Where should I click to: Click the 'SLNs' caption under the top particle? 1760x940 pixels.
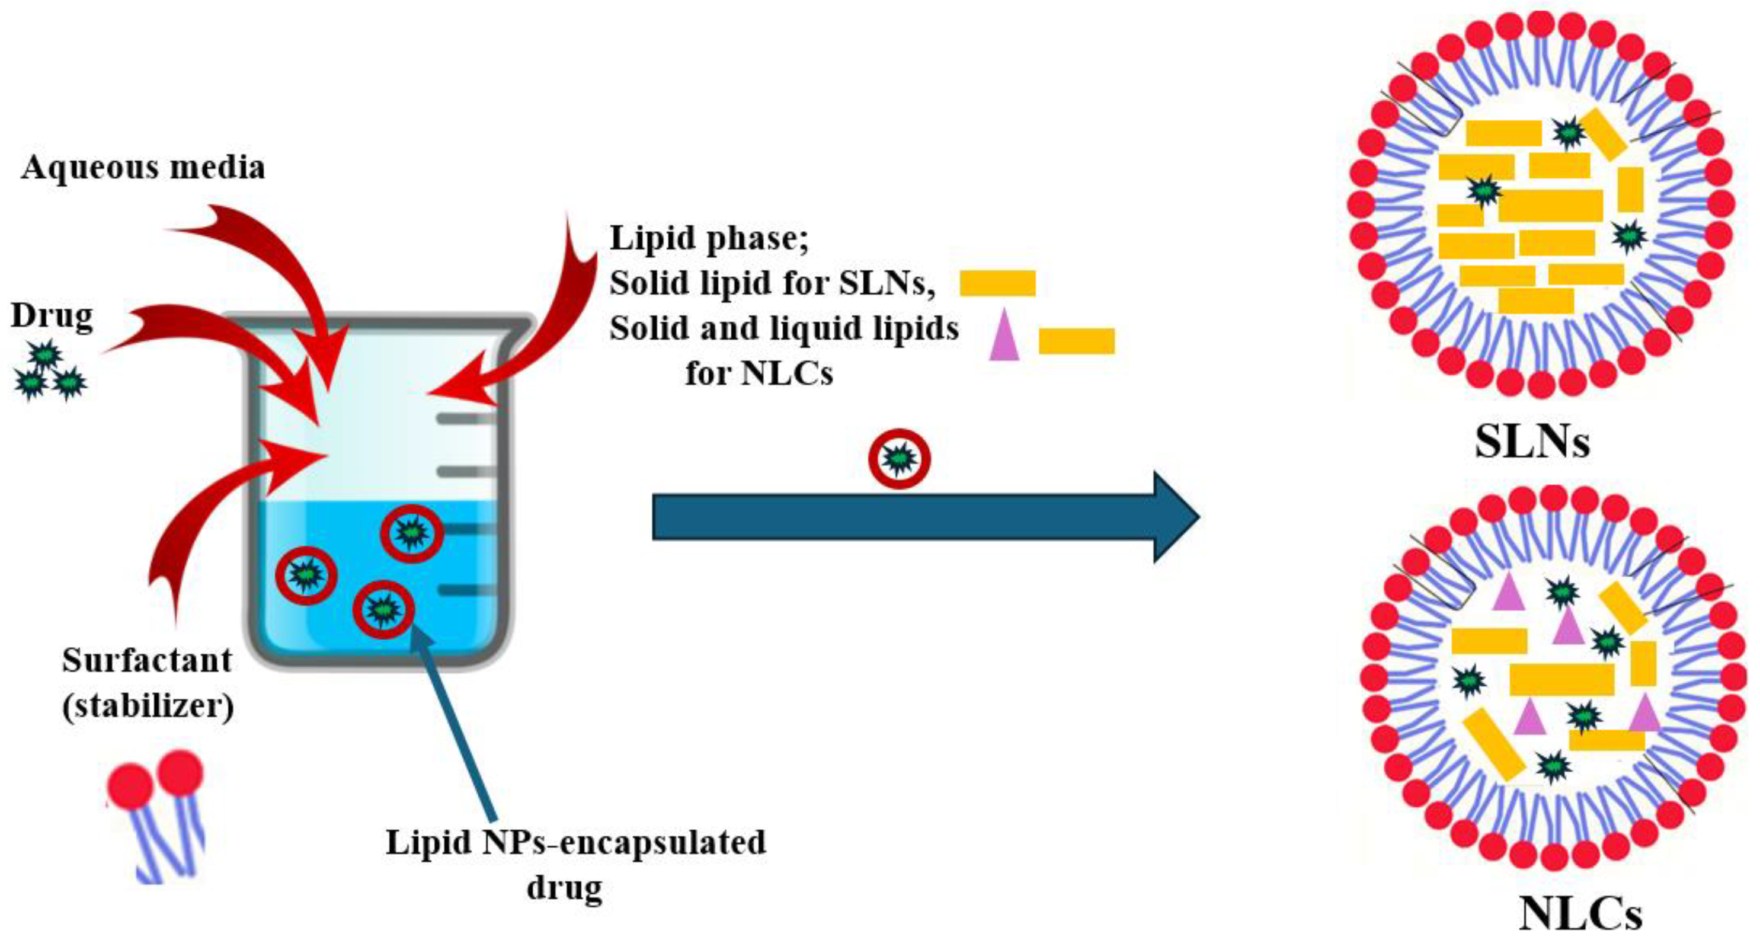pos(1532,442)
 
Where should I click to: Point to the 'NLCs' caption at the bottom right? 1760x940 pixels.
pos(1580,913)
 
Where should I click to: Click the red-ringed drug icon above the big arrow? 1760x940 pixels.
pos(898,458)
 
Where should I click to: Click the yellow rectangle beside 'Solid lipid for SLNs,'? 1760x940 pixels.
pos(997,283)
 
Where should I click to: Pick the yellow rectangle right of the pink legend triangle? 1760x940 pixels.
pos(1076,341)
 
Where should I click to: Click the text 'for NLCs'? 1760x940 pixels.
pos(759,373)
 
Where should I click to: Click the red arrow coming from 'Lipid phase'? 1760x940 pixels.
pos(540,328)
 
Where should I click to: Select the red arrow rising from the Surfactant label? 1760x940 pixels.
pos(205,519)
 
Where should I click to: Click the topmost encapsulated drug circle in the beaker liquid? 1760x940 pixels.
pos(411,533)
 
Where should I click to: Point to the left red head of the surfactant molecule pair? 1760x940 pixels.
pos(130,785)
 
